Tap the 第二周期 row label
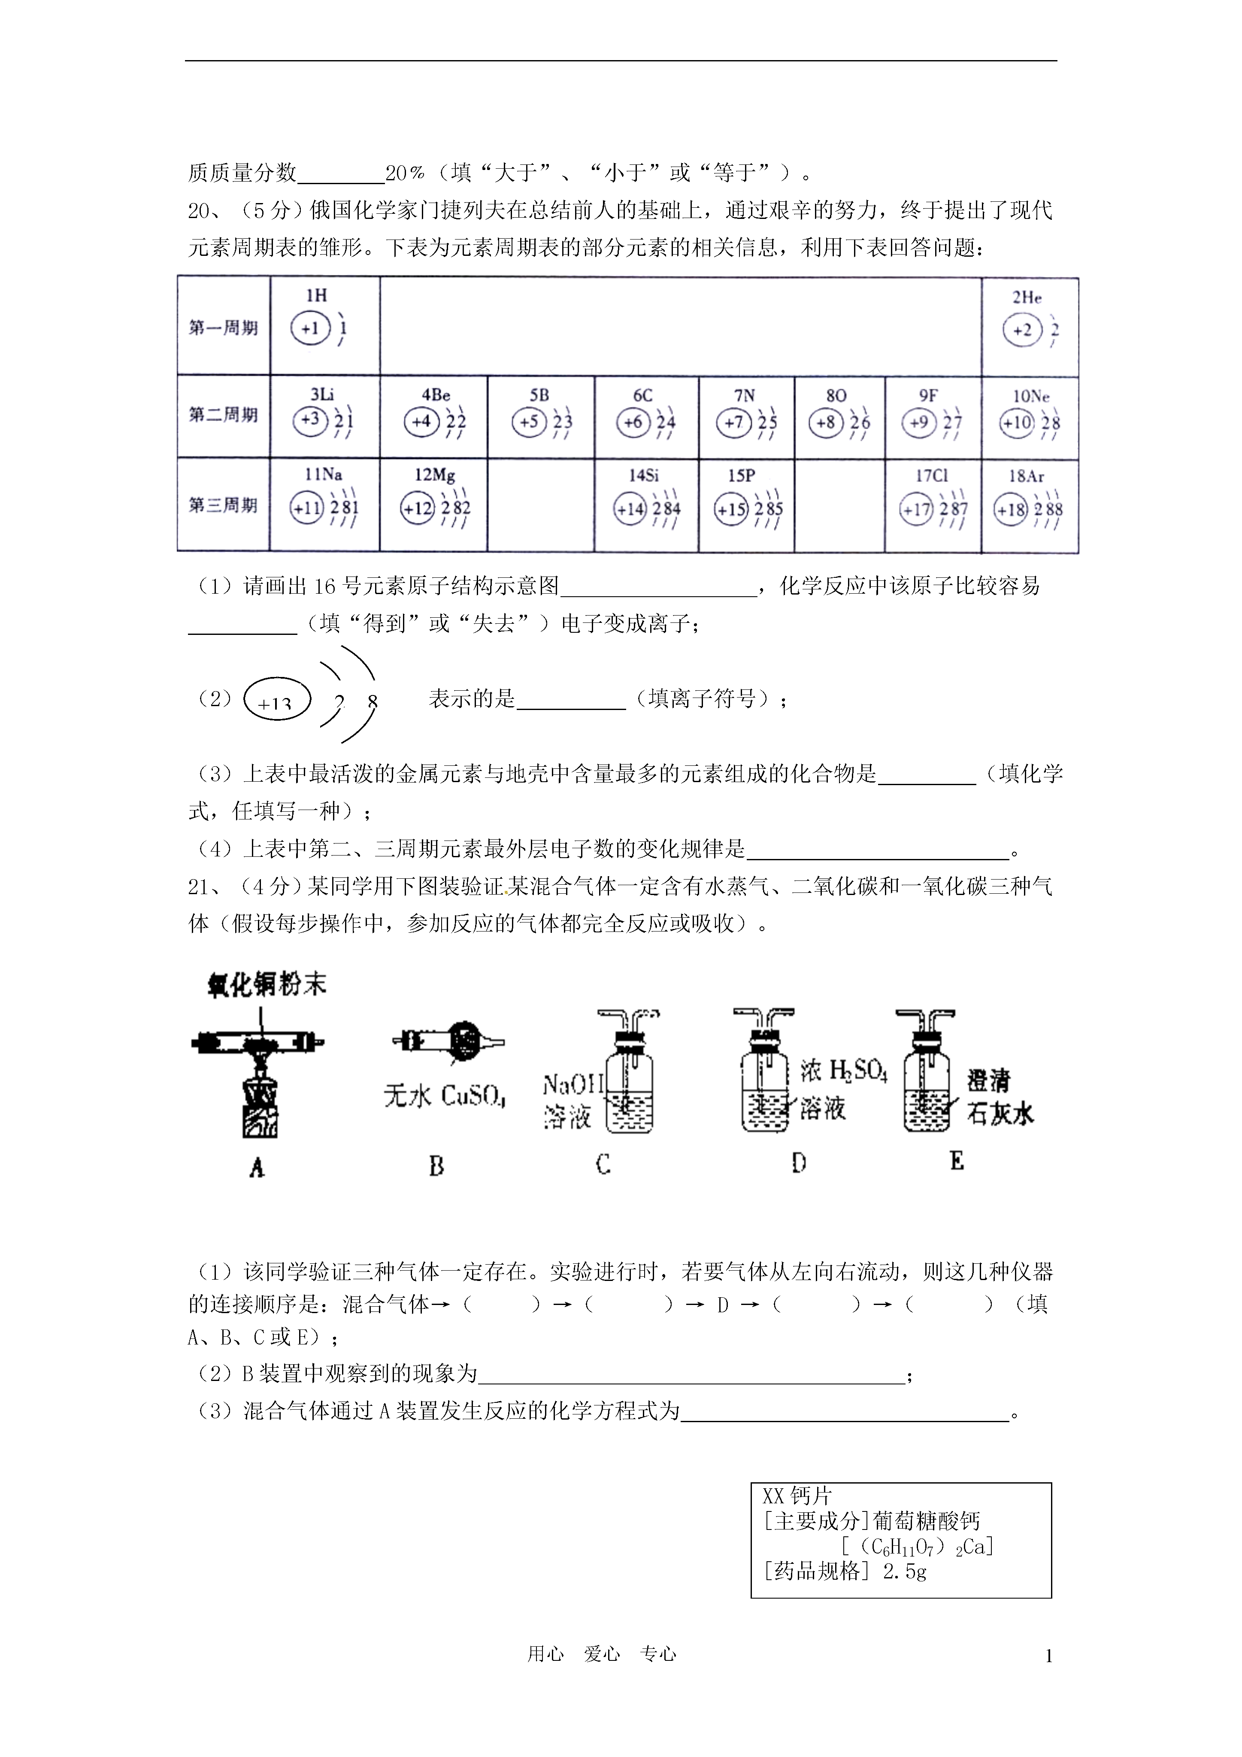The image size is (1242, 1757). (x=224, y=416)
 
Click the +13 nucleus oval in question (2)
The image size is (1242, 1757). (x=276, y=699)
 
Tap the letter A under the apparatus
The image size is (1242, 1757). (x=257, y=1167)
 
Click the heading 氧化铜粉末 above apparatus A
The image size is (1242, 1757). (x=267, y=985)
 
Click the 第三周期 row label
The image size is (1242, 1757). (x=224, y=505)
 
